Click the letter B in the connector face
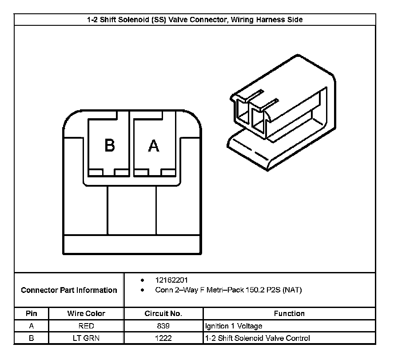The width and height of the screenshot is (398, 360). pos(110,146)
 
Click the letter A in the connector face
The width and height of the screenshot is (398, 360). pos(153,146)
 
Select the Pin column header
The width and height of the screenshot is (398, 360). pos(31,313)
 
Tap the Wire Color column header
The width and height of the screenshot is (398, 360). pos(86,313)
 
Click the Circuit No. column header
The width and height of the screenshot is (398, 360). pos(163,313)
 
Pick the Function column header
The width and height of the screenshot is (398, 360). pos(289,313)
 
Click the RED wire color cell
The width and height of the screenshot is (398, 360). pos(86,326)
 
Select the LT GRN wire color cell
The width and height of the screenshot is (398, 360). pos(86,338)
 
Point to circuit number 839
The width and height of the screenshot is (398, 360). pos(163,326)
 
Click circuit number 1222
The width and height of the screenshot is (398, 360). pos(163,338)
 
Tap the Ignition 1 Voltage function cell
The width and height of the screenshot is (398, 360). pos(234,326)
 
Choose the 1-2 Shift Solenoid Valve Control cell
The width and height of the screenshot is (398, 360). pos(257,338)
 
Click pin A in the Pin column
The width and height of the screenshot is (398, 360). pos(31,326)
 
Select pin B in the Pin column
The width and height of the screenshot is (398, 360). pos(31,338)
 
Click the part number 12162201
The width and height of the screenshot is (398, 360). pos(171,280)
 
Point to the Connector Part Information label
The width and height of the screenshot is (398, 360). pos(69,290)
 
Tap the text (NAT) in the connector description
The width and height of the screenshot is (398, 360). pos(292,290)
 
